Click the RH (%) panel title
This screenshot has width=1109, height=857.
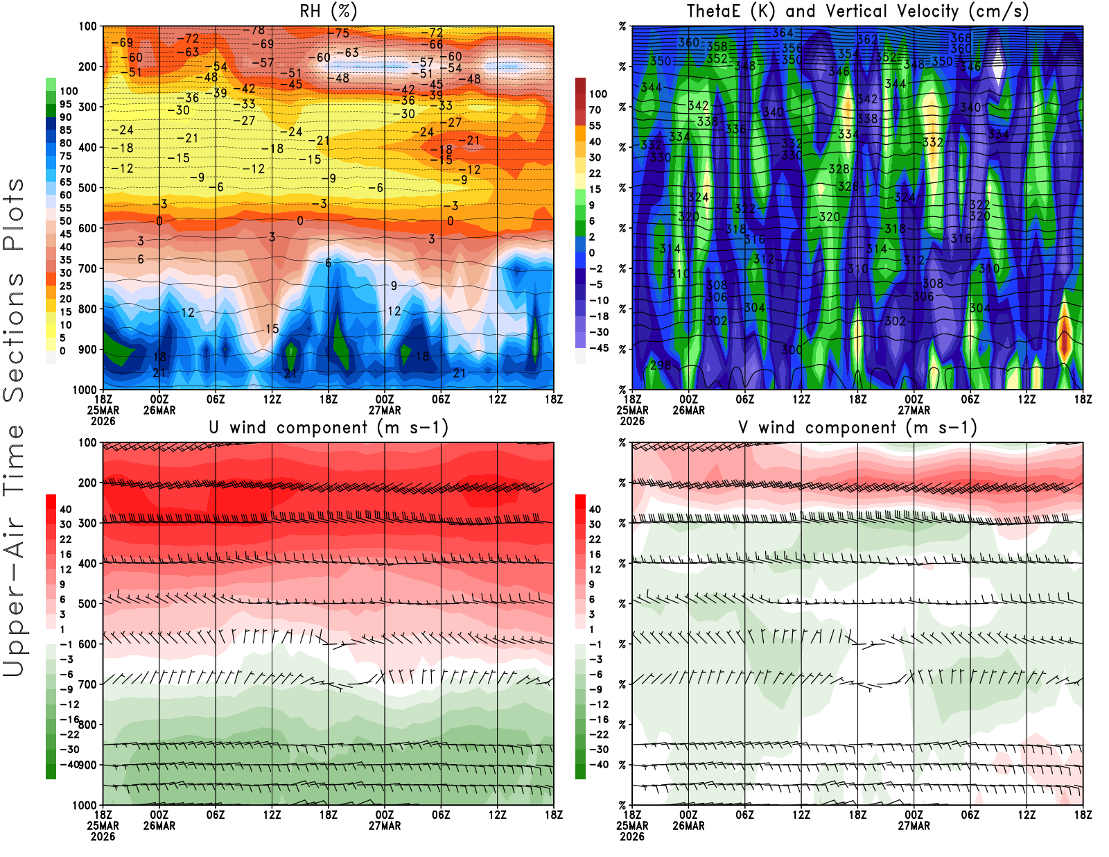[x=329, y=11]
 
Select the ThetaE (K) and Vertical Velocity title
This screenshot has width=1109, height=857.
[x=857, y=11]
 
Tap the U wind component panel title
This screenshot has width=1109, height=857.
[x=329, y=427]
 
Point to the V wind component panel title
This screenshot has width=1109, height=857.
[x=857, y=427]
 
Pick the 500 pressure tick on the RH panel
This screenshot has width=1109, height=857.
[x=87, y=188]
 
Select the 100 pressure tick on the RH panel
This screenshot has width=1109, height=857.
[x=87, y=26]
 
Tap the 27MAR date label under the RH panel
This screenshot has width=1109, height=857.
[x=385, y=410]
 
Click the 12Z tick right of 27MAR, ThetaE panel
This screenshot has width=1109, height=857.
[x=1027, y=399]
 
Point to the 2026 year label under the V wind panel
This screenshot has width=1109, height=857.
[x=632, y=836]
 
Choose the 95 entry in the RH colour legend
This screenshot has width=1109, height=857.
[x=65, y=104]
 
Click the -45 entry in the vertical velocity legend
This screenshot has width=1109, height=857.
[x=599, y=348]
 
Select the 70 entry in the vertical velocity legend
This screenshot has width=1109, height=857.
[x=595, y=110]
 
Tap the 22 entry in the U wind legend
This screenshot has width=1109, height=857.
[x=65, y=539]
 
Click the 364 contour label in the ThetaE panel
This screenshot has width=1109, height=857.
[x=783, y=33]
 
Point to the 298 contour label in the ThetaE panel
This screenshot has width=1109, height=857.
[x=661, y=365]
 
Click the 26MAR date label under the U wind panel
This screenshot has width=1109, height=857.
[x=159, y=826]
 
